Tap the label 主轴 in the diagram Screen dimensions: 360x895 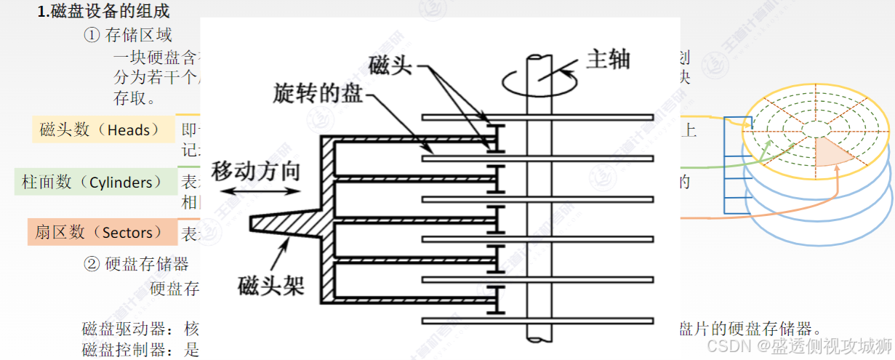[x=607, y=59]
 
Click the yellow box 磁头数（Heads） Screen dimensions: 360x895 [x=100, y=130]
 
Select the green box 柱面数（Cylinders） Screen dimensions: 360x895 [x=92, y=182]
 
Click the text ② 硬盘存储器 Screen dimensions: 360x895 [x=137, y=263]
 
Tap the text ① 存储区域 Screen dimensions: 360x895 [x=128, y=34]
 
